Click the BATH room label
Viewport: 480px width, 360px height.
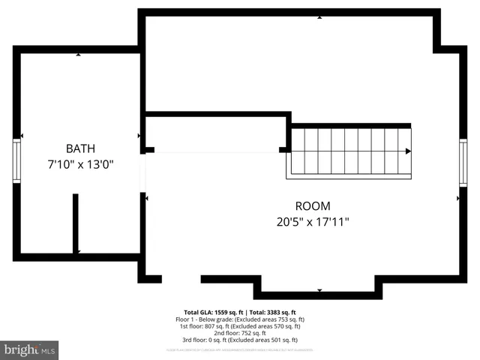pyautogui.click(x=79, y=148)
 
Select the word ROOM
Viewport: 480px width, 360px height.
pyautogui.click(x=313, y=206)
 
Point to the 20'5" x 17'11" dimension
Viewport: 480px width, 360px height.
pyautogui.click(x=313, y=222)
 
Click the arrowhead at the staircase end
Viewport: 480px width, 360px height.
pyautogui.click(x=409, y=151)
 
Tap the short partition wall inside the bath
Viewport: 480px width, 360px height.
pyautogui.click(x=76, y=223)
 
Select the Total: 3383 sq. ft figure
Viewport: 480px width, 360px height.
pyautogui.click(x=272, y=312)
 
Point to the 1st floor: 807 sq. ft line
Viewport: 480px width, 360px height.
pyautogui.click(x=240, y=326)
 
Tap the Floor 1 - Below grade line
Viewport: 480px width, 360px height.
pyautogui.click(x=240, y=319)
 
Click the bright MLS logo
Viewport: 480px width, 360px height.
pyautogui.click(x=29, y=349)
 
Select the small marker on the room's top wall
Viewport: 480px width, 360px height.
pyautogui.click(x=319, y=16)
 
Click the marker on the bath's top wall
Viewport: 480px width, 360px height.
pyautogui.click(x=79, y=54)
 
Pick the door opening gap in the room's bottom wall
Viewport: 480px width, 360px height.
pyautogui.click(x=181, y=279)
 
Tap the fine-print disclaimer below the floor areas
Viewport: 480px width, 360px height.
pyautogui.click(x=240, y=349)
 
